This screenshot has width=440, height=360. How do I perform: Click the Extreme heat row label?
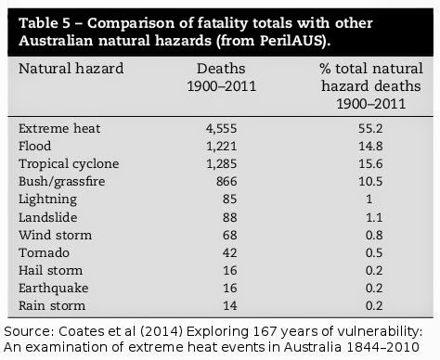59,129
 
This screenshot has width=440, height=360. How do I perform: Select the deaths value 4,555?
222,129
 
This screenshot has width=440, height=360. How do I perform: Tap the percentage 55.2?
370,129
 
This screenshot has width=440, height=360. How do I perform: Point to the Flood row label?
35,146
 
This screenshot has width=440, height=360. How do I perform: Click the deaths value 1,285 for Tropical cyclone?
222,164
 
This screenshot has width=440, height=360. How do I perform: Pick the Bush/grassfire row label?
62,182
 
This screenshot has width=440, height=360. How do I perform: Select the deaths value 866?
226,182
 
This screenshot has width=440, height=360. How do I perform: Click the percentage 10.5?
370,182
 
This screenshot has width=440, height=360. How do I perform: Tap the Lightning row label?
47,199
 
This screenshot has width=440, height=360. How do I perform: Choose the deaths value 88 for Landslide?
229,217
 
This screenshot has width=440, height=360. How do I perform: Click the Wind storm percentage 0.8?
374,235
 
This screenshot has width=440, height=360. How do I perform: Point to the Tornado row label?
44,252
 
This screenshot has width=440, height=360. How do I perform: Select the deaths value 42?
229,252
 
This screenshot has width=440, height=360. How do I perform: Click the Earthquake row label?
54,289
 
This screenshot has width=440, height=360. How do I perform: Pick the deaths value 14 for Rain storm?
230,305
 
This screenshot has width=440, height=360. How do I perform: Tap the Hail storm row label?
50,270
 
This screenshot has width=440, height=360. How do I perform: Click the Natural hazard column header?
71,69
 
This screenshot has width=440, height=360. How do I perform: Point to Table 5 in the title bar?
45,23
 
